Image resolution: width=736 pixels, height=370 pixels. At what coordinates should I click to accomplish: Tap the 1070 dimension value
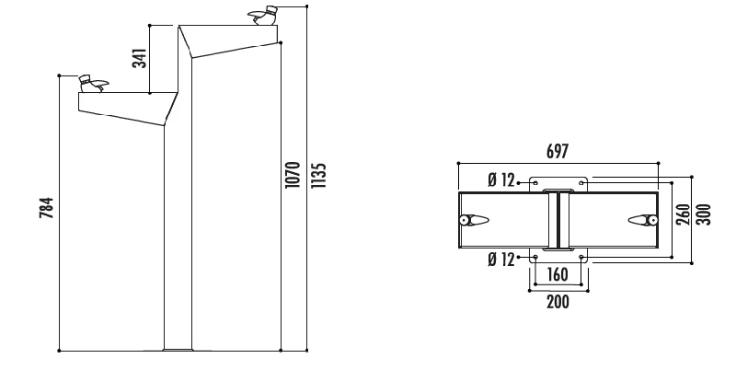click(x=293, y=175)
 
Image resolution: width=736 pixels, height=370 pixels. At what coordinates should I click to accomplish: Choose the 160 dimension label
click(x=558, y=274)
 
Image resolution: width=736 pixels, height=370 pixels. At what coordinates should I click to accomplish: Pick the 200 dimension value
click(x=558, y=301)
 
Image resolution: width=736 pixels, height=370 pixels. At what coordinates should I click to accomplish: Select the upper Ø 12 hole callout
click(x=501, y=181)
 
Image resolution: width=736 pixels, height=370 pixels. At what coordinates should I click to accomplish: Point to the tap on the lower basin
click(x=91, y=83)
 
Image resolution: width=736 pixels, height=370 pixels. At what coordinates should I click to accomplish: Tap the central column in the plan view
click(x=558, y=219)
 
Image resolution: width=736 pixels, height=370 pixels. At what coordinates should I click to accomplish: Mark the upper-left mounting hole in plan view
click(x=535, y=182)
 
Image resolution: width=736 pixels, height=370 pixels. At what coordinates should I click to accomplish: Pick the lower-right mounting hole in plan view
click(x=581, y=257)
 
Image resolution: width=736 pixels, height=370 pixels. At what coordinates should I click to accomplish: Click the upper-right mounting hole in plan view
click(x=581, y=182)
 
